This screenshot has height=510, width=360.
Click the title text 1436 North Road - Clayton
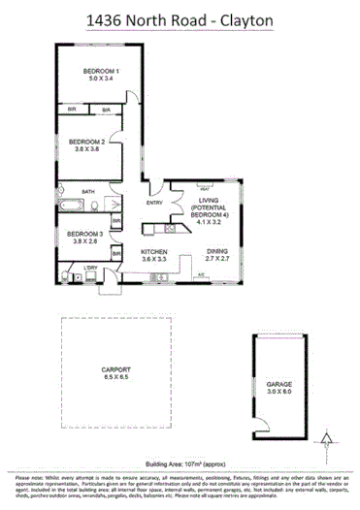180,19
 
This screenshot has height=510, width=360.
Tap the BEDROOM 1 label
100,72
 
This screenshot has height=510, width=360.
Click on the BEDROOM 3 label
84,234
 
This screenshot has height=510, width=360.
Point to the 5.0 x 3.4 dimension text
100,80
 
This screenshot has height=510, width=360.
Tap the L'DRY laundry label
93,267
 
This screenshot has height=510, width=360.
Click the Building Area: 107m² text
180,438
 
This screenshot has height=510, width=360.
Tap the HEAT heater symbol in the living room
206,189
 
